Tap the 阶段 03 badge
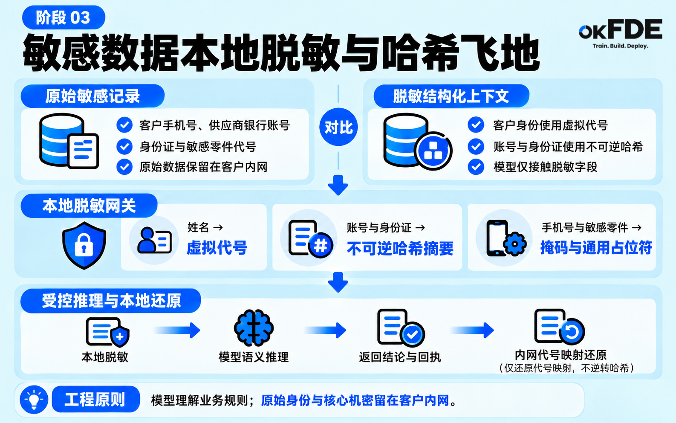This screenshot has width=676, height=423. [x=64, y=17]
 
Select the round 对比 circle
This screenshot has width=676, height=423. [x=338, y=127]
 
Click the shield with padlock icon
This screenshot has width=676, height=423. [x=84, y=245]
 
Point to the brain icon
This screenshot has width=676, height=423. [x=254, y=327]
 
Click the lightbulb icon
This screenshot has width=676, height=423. [x=34, y=400]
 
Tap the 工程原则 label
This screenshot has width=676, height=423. [x=95, y=399]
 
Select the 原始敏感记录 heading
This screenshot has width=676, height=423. [x=92, y=96]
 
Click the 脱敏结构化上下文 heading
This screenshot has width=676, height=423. [x=451, y=96]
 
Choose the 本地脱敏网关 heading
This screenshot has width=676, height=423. [x=89, y=206]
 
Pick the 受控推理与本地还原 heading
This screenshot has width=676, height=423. [x=111, y=301]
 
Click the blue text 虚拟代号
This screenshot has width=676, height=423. [x=217, y=248]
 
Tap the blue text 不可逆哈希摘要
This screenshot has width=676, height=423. [x=400, y=249]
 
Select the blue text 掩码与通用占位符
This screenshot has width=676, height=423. [x=596, y=248]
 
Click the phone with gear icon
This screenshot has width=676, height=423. [x=506, y=238]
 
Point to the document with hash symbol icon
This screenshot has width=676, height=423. [x=311, y=238]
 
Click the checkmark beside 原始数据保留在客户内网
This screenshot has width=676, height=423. [x=124, y=167]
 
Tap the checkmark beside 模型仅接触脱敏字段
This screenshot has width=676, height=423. [x=476, y=167]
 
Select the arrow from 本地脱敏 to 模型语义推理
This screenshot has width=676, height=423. [x=177, y=330]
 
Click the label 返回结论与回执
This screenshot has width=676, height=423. [x=400, y=357]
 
